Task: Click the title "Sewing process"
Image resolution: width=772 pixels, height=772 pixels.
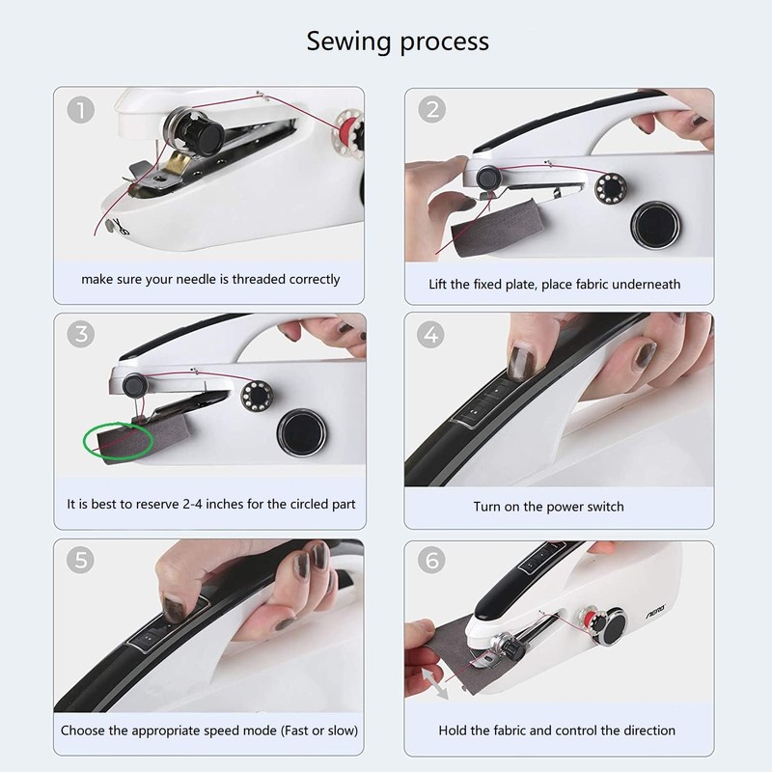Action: coord(398,41)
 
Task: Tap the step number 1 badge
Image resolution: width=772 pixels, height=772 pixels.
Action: coord(81,109)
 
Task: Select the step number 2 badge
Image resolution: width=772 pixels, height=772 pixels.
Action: coord(431,109)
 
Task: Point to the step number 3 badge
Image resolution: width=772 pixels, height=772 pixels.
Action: coord(81,334)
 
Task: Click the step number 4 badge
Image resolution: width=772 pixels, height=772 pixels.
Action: coord(430,335)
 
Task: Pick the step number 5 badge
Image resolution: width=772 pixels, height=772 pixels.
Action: coord(80,560)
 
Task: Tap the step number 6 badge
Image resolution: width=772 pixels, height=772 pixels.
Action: coord(431,560)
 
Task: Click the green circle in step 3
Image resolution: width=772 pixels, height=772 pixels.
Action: coord(84,441)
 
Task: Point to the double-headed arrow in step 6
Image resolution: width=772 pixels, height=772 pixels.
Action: coord(436,683)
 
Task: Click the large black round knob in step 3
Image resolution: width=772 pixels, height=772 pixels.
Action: coord(301,432)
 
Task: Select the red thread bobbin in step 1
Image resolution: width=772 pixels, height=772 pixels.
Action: coord(350,127)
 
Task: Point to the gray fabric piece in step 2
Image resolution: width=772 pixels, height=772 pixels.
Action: coord(497,228)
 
